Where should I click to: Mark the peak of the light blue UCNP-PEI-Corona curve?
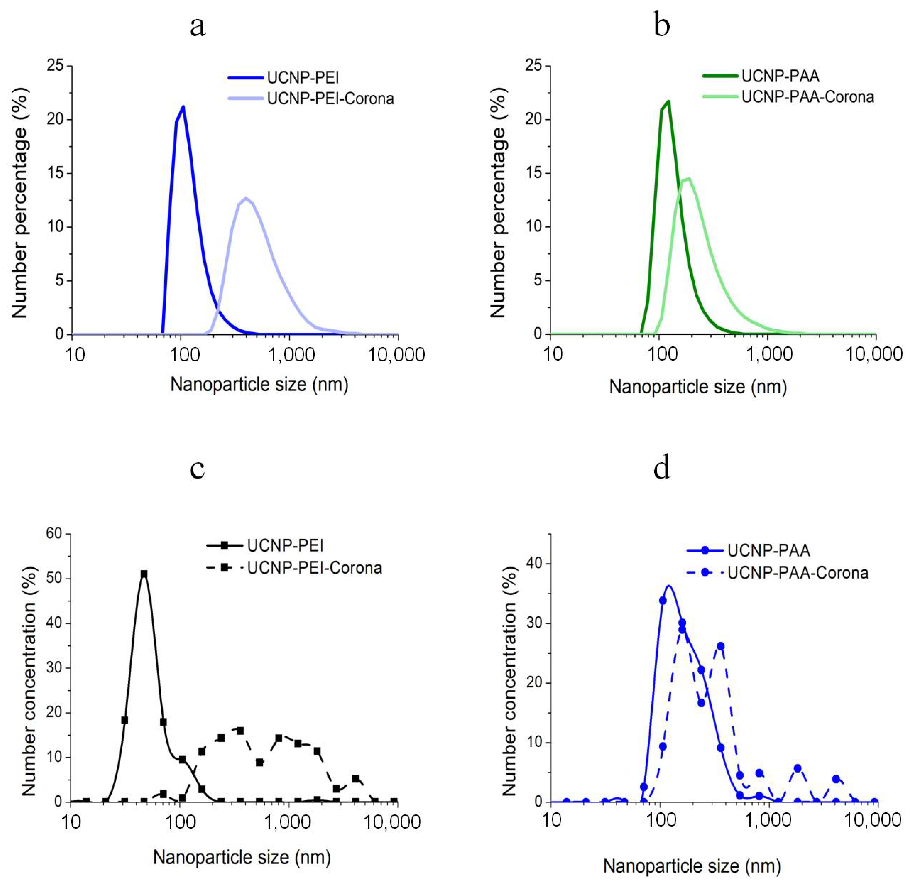point(246,198)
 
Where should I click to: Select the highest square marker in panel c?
point(144,574)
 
